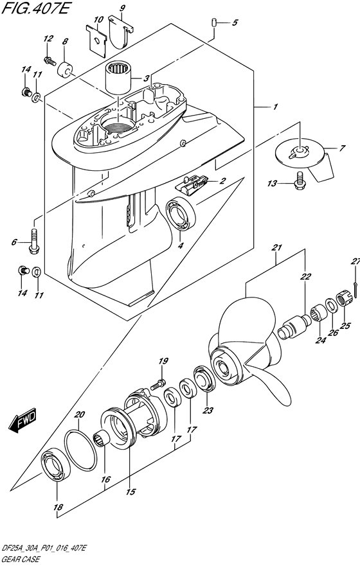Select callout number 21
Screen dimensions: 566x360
tap(276, 248)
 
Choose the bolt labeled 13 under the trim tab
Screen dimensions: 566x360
tap(299, 183)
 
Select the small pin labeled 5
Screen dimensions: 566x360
tap(213, 23)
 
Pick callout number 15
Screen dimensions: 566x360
tap(130, 493)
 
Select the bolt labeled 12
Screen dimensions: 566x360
tap(49, 60)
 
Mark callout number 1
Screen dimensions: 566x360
tap(274, 106)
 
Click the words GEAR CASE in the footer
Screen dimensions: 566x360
tap(21, 560)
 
